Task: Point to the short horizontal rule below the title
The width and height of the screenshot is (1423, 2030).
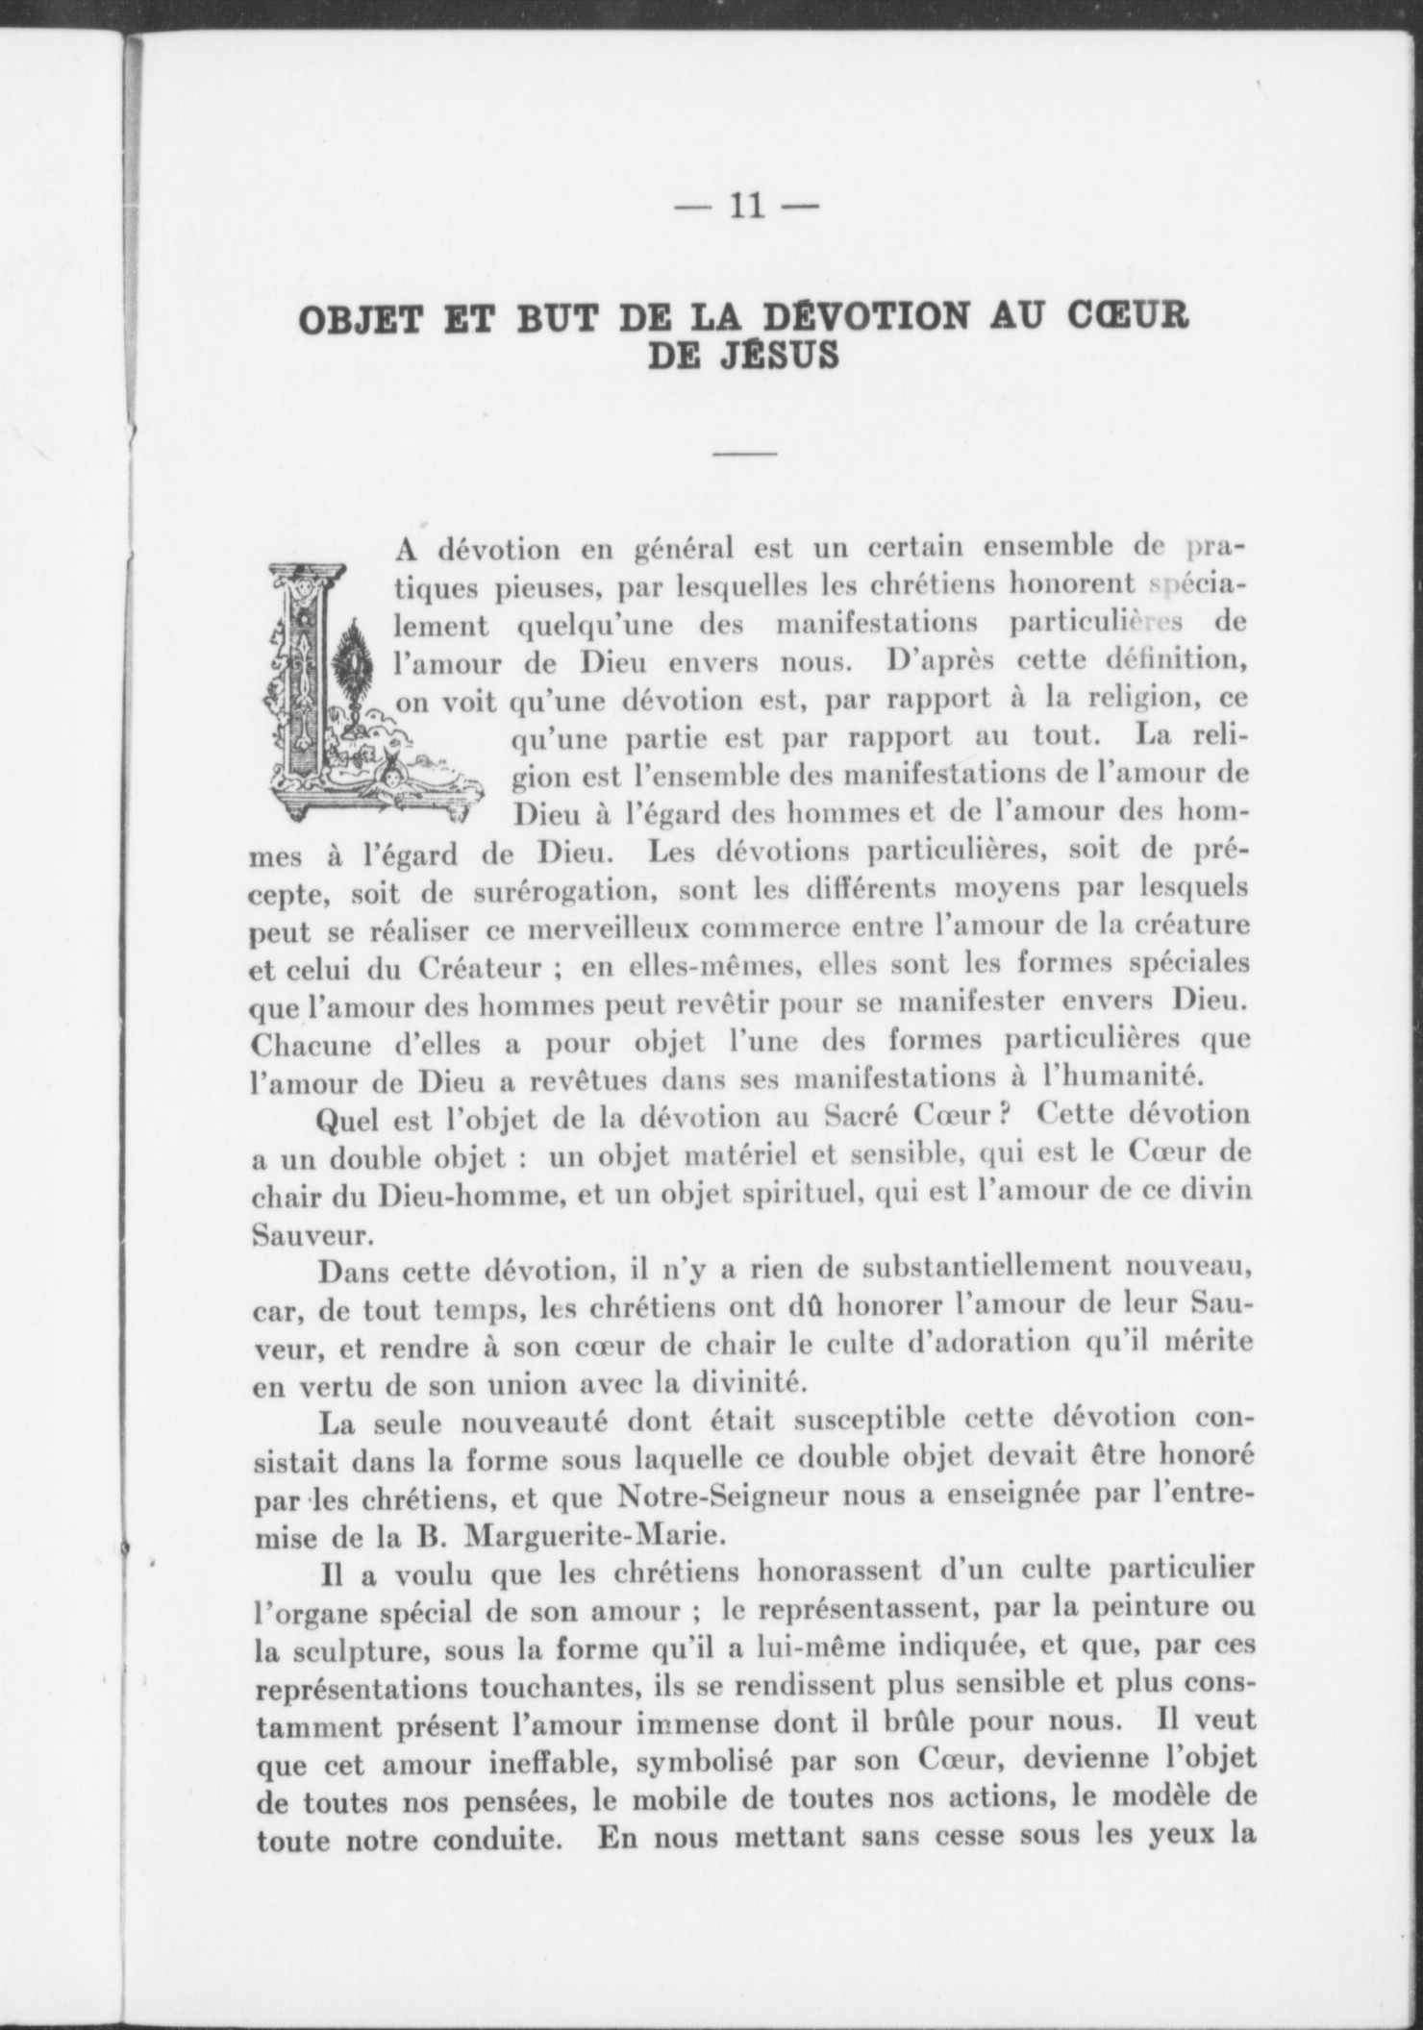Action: pos(745,453)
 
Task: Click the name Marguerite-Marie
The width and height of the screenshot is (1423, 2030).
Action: pos(590,1535)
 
